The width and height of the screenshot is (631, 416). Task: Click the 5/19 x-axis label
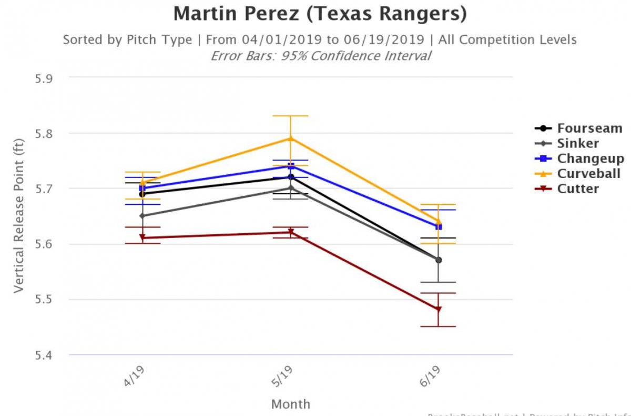284,378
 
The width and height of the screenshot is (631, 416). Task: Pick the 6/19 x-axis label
432,378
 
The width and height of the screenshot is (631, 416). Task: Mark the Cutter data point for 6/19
438,310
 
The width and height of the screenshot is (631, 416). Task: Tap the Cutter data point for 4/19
143,238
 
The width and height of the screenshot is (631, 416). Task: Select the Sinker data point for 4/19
143,216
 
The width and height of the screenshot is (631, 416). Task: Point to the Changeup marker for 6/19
438,227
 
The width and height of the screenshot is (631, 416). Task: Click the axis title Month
290,404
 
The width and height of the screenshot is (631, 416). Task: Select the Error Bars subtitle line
320,56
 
